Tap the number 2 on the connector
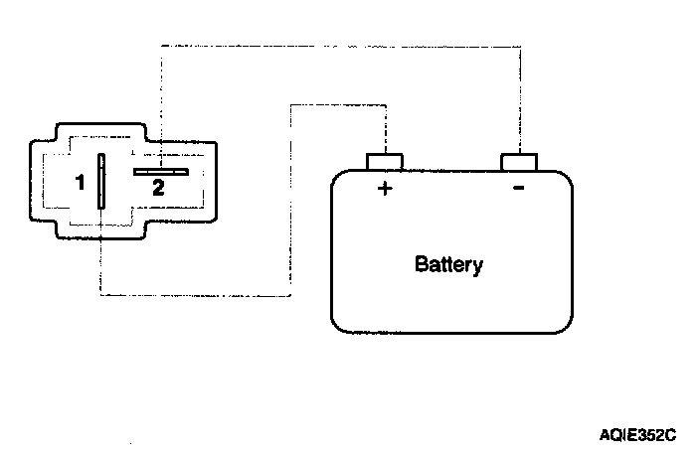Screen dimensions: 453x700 pos(157,185)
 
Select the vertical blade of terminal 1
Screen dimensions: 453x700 pos(100,181)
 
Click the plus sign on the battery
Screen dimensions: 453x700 pos(385,189)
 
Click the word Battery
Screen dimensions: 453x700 pos(448,265)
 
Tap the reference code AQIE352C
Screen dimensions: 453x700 pos(637,434)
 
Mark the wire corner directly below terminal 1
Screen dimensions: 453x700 pos(100,295)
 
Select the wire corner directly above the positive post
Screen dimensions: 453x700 pos(386,102)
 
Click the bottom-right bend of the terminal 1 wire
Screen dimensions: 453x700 pos(289,295)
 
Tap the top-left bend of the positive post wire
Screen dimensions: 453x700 pos(289,102)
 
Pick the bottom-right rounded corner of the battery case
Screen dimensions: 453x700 pos(567,325)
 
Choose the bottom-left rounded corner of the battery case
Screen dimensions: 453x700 pos(339,325)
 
